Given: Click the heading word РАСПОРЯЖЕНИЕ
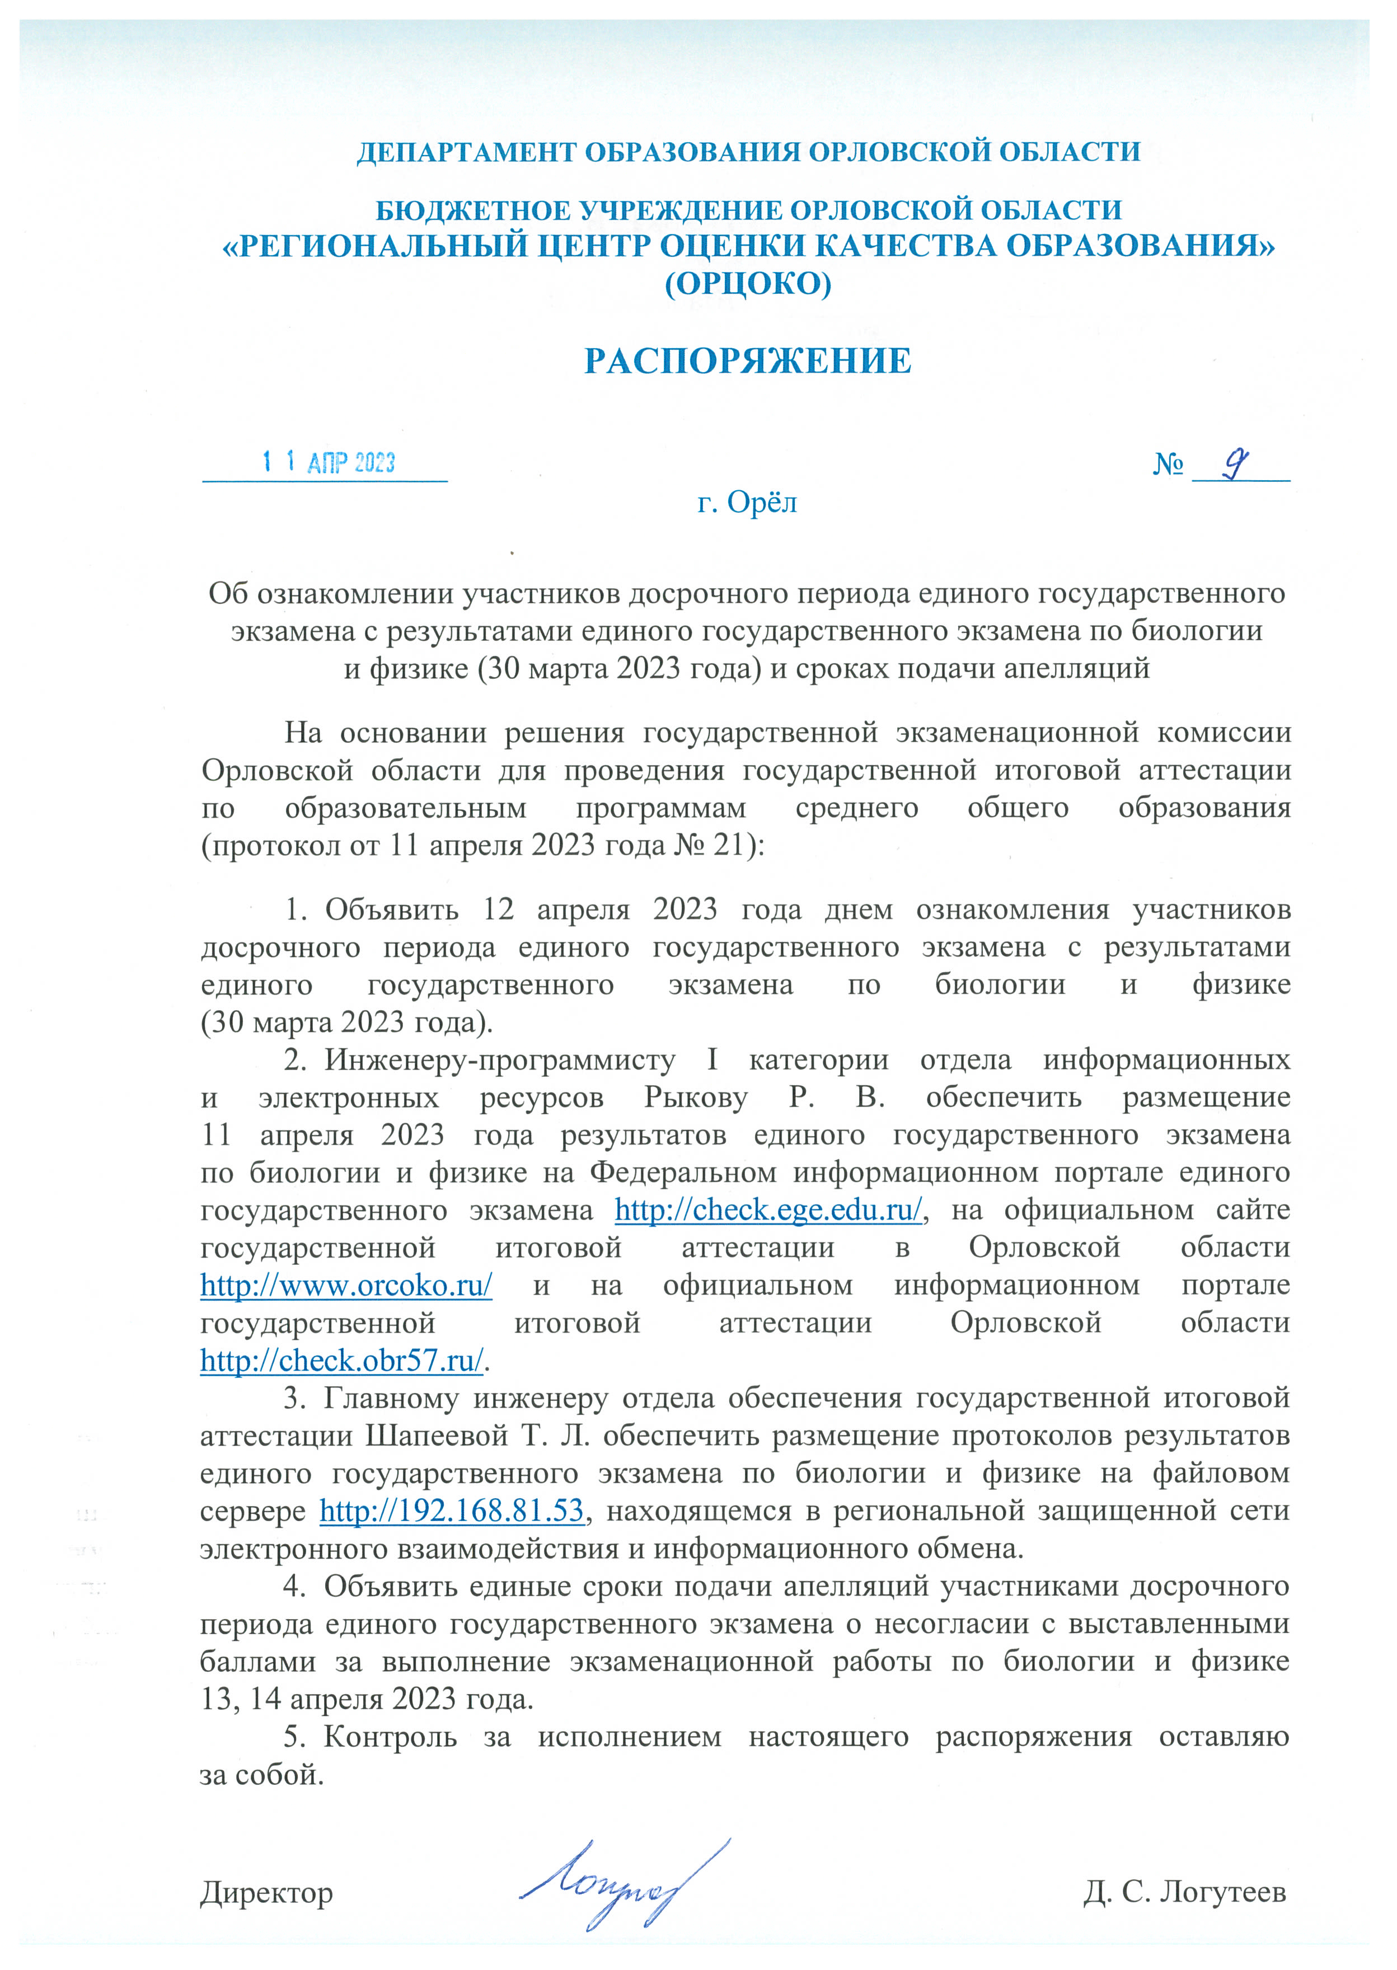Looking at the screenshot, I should pyautogui.click(x=748, y=362).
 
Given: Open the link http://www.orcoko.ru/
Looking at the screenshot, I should pyautogui.click(x=346, y=1285).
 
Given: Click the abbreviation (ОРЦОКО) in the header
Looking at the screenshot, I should pyautogui.click(x=748, y=283).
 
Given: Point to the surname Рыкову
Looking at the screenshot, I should pyautogui.click(x=695, y=1097).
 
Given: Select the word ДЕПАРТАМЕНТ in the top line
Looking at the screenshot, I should pyautogui.click(x=467, y=152).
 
